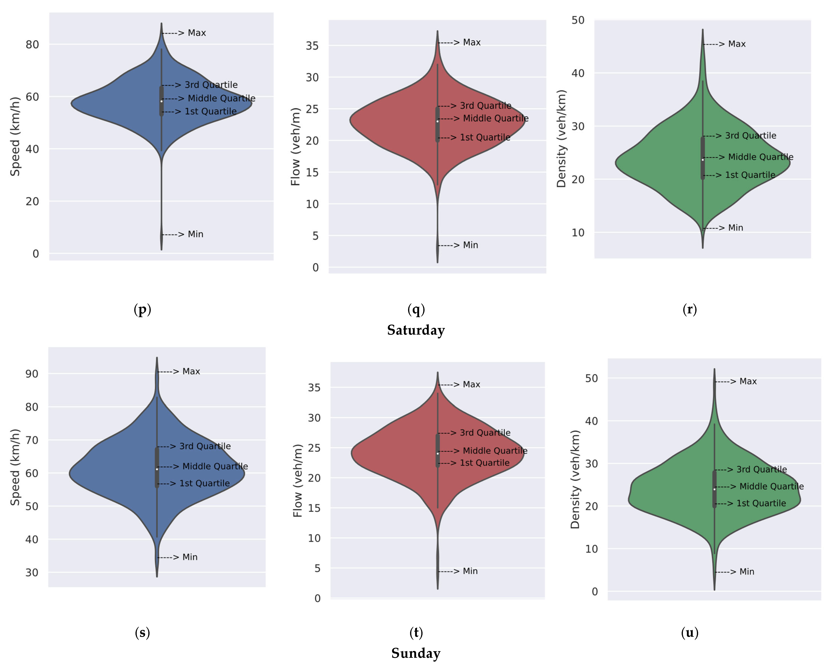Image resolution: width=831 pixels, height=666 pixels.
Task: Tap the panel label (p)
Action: pos(142,310)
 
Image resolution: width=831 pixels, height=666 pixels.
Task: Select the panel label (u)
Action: pos(689,633)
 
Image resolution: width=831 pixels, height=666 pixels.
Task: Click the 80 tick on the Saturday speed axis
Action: pos(32,45)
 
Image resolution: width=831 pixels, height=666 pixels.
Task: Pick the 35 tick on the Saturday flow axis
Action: pos(312,46)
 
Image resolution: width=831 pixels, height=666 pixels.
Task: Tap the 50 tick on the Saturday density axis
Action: pos(578,20)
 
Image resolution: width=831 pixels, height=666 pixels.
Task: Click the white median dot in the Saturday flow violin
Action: pos(438,121)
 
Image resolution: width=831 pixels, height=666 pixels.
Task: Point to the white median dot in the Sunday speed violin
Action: pos(157,469)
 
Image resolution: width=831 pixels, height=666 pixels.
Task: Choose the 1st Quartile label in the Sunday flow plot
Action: pos(484,463)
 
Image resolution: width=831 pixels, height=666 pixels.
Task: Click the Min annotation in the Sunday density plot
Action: pos(747,572)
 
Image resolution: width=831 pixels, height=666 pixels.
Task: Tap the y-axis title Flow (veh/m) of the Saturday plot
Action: pos(295,147)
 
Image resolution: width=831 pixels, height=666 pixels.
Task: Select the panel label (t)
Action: pos(416,633)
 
